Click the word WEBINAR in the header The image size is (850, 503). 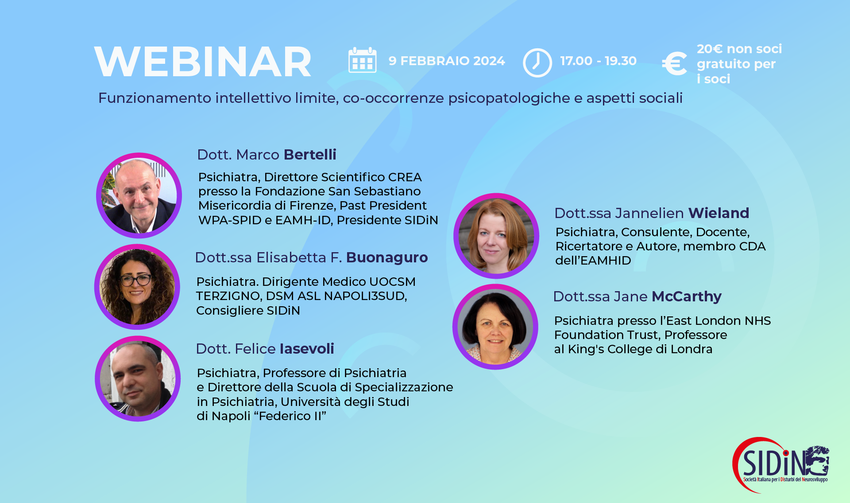[x=203, y=62]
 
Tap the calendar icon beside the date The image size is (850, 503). [x=362, y=61]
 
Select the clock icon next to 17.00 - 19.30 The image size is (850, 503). [x=537, y=62]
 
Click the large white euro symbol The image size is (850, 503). [x=674, y=64]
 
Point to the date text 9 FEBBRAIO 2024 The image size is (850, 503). [x=447, y=61]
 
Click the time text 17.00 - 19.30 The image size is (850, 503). [x=598, y=61]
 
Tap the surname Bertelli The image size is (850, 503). [x=310, y=155]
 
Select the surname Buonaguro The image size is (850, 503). [x=387, y=257]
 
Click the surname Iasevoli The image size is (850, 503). [x=307, y=349]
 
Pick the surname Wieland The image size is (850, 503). [x=719, y=213]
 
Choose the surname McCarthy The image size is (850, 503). [x=687, y=296]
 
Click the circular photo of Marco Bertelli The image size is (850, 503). [x=139, y=195]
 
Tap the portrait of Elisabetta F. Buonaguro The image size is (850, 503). [x=137, y=287]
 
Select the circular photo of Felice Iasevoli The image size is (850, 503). [x=138, y=378]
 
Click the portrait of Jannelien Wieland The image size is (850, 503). [x=496, y=236]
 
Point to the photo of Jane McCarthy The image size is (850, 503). [x=495, y=327]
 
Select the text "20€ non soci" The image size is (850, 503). [x=739, y=49]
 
